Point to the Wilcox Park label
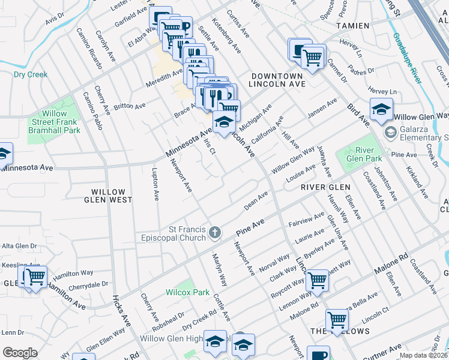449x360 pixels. click(x=188, y=293)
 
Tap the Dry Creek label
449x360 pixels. click(x=30, y=74)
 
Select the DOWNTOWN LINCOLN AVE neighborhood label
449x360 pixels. click(x=277, y=80)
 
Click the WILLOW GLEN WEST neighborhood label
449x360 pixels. click(x=108, y=196)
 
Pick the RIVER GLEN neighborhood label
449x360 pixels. click(x=325, y=187)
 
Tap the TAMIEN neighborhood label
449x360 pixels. click(x=352, y=26)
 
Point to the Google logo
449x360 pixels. click(x=20, y=353)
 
